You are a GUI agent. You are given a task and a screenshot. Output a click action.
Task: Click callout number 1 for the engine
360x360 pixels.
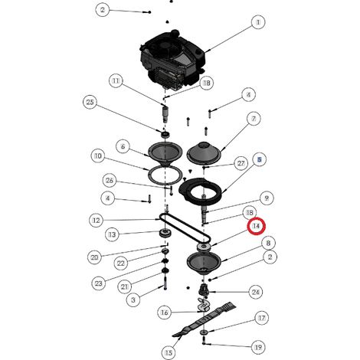pos(258,22)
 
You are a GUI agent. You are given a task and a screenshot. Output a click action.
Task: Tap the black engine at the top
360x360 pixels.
pos(173,60)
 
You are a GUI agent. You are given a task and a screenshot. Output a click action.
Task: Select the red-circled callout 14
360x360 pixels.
pos(257,226)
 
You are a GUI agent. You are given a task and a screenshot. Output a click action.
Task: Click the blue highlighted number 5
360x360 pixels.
pos(260,159)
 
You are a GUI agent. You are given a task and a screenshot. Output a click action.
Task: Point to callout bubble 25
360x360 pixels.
pos(90,102)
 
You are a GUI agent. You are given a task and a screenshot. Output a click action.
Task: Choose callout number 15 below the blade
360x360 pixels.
pos(169,353)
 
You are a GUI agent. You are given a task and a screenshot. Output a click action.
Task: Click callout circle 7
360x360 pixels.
pos(254,119)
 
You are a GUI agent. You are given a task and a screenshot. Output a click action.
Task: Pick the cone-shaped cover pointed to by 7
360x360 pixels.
pos(204,152)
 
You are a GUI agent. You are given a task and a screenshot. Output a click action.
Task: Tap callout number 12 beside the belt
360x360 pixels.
pos(97,220)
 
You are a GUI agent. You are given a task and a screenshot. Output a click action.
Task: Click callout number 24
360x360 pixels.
pos(256,292)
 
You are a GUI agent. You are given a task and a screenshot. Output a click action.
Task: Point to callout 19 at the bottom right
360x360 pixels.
pos(258,347)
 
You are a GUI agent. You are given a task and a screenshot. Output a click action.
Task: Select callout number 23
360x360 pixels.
pos(99,283)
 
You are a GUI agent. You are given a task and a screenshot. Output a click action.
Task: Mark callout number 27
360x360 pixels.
pos(241,163)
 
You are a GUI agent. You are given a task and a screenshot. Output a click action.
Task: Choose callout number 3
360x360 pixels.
pos(133,299)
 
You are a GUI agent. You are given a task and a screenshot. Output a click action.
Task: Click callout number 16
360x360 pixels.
pos(165,313)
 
